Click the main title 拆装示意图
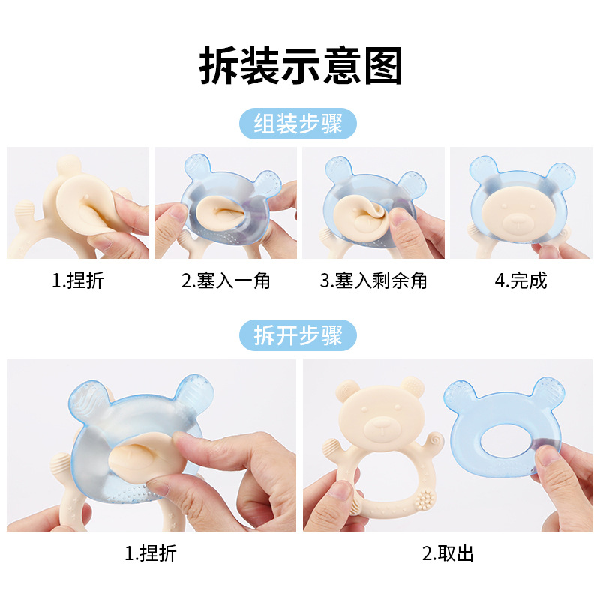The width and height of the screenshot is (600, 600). pos(301,66)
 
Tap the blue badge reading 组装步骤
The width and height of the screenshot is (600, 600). pos(298,124)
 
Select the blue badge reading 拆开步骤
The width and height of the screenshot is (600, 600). pos(298,335)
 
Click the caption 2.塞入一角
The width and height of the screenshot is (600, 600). pos(226,280)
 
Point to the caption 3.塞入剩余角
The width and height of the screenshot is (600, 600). pos(373,280)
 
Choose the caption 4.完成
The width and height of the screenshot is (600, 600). pos(520,280)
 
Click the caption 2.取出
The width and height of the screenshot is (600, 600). pos(448,554)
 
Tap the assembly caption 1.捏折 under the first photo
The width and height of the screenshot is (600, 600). pos(77,280)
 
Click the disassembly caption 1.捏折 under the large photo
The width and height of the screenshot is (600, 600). pos(151,554)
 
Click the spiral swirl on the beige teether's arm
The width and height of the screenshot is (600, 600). pos(433,438)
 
